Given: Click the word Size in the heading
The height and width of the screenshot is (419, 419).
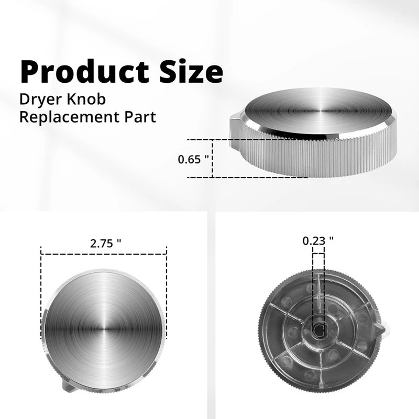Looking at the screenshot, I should click(190, 71).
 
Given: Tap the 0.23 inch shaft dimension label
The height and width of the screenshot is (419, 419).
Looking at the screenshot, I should click(318, 241).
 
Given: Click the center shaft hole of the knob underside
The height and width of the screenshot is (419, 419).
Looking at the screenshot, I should click(318, 329).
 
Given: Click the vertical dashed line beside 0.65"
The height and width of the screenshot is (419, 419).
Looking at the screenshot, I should click(213, 158).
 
